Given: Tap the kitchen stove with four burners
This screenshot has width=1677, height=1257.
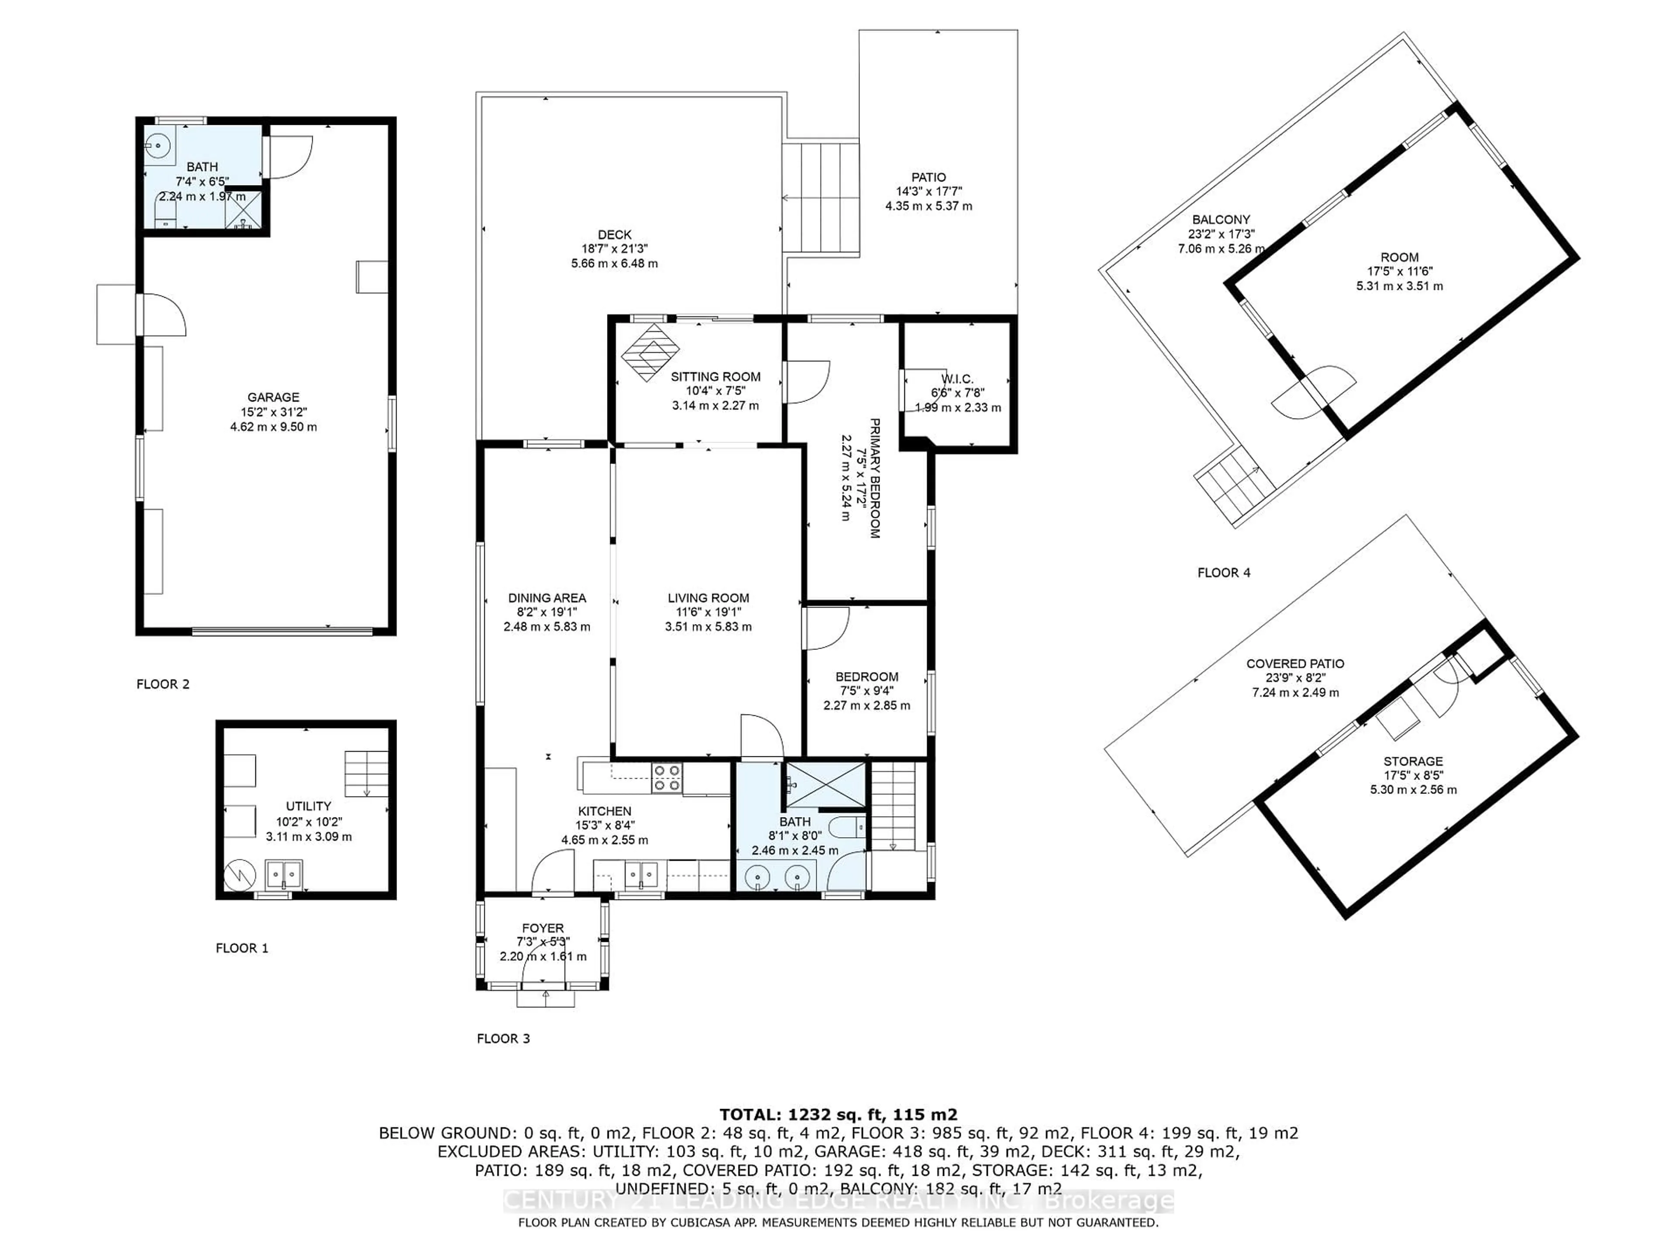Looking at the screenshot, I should [667, 777].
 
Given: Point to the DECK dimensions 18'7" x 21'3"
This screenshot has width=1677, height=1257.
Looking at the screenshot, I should [614, 248].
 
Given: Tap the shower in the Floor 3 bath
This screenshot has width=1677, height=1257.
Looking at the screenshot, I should [825, 785].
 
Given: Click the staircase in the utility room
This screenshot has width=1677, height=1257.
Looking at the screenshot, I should [366, 773].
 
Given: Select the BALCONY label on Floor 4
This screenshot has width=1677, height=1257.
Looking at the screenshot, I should [1221, 220].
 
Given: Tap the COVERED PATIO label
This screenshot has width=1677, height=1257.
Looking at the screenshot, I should [1295, 664].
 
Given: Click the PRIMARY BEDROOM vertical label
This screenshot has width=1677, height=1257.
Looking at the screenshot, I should [874, 477].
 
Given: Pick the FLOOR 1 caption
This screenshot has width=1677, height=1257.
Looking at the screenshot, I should [242, 948].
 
